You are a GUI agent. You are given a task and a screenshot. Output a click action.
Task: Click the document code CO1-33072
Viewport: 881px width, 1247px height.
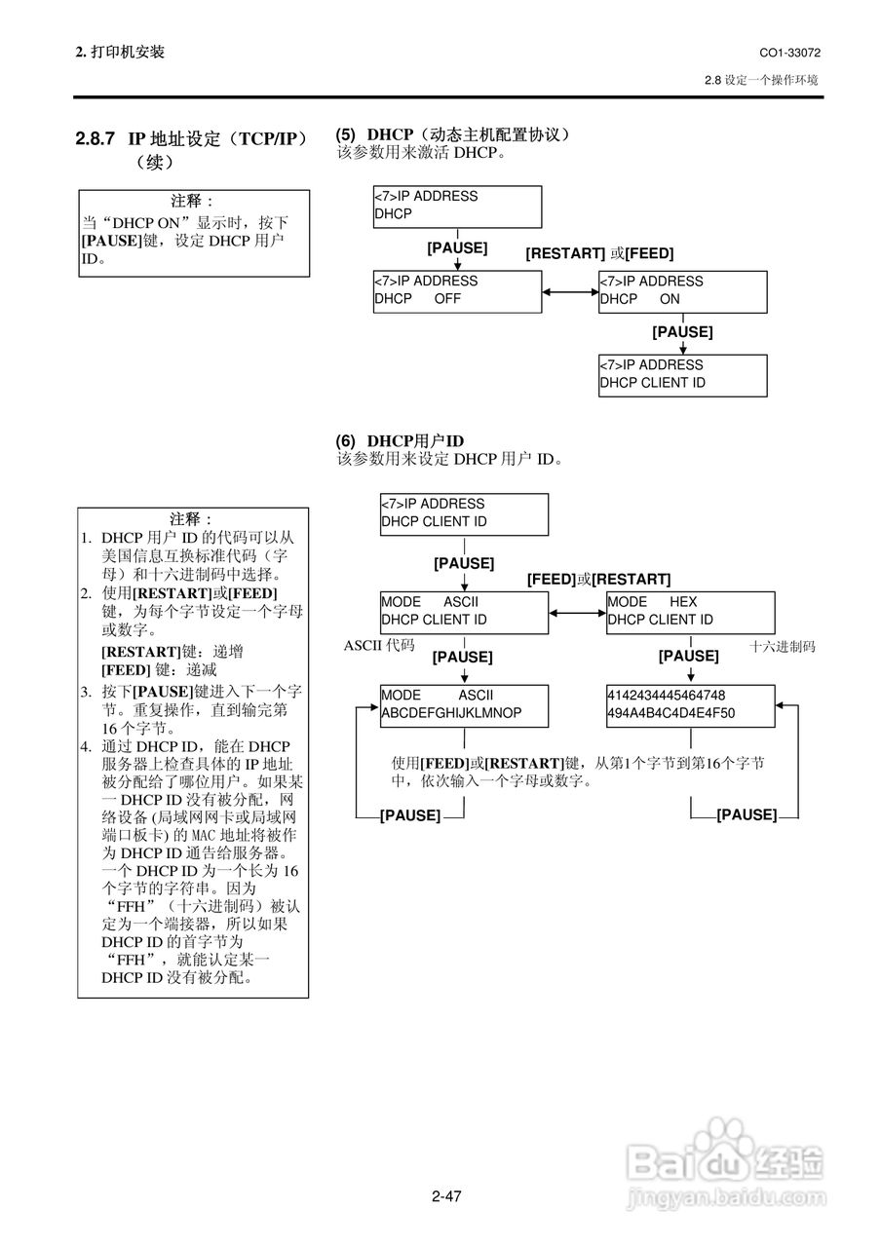pos(789,53)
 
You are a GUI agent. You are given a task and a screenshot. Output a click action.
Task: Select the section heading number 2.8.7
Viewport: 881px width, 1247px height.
pos(96,138)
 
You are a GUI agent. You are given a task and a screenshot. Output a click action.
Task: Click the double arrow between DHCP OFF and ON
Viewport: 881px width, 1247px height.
pos(570,291)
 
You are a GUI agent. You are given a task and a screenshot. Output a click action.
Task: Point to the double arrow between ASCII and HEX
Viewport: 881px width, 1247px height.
pos(578,613)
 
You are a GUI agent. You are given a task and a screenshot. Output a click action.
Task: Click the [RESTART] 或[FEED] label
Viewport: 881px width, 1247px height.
pos(599,254)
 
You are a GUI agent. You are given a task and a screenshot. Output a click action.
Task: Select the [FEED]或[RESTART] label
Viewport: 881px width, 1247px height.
pos(598,580)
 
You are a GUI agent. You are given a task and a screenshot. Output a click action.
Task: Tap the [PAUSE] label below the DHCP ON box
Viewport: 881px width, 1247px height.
pos(682,332)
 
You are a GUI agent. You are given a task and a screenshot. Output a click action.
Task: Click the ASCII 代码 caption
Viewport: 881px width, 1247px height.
pos(379,645)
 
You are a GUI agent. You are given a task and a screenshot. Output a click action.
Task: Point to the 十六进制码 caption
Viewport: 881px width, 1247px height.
pos(782,646)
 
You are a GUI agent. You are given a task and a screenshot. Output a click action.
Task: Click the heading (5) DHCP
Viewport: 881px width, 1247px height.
pos(452,134)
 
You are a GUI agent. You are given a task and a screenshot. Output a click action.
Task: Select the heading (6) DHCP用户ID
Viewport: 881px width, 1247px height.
pos(400,441)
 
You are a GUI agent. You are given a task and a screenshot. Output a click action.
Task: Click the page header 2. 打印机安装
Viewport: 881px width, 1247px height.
pos(120,53)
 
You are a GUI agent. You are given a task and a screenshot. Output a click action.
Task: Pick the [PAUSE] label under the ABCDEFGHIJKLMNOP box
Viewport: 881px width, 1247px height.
pos(410,815)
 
